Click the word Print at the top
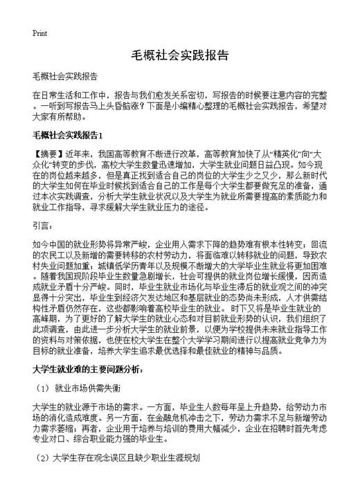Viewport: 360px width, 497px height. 40,33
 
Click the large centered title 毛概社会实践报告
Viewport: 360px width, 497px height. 179,56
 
